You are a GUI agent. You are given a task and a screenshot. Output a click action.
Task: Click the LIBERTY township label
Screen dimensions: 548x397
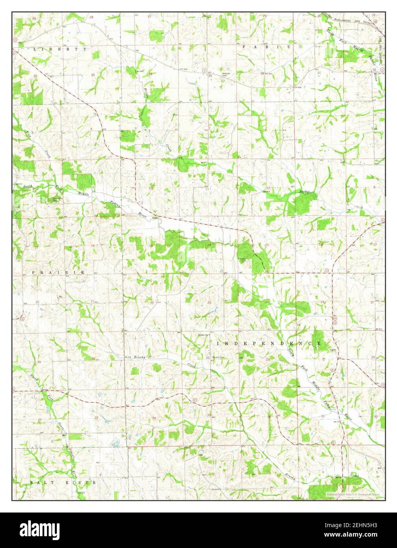pyautogui.click(x=60, y=49)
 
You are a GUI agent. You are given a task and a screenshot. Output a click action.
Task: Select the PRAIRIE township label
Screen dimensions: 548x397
pyautogui.click(x=58, y=272)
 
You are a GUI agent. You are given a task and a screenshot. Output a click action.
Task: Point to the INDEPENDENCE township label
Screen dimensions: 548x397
pyautogui.click(x=269, y=343)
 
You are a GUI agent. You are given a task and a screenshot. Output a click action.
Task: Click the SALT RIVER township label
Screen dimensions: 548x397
pyautogui.click(x=63, y=482)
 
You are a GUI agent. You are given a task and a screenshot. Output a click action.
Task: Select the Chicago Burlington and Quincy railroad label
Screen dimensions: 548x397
pyautogui.click(x=347, y=20)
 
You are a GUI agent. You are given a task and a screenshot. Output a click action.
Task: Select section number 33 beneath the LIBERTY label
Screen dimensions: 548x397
pyautogui.click(x=93, y=75)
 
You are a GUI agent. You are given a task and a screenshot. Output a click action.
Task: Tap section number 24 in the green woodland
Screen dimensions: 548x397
pyautogui.click(x=267, y=302)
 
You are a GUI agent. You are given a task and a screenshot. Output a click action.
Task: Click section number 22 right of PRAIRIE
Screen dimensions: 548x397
pyautogui.click(x=152, y=303)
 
